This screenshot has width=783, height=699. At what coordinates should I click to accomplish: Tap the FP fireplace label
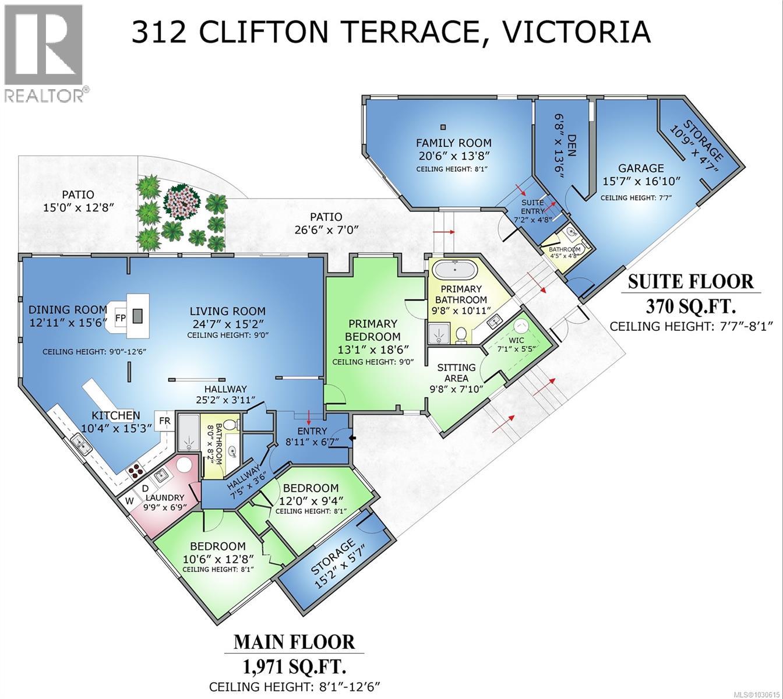[x=121, y=318]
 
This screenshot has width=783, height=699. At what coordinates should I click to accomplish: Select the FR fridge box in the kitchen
[x=165, y=421]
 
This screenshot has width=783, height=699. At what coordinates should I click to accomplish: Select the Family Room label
[x=453, y=143]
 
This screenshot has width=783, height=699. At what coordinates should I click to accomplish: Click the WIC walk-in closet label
[x=516, y=340]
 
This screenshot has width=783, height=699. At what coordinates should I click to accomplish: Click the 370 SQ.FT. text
[x=690, y=305]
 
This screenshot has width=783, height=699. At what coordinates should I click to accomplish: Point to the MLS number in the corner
[x=756, y=693]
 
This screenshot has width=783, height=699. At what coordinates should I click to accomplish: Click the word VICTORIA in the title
[x=576, y=31]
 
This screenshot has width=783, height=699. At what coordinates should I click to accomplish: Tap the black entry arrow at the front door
[x=351, y=438]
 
